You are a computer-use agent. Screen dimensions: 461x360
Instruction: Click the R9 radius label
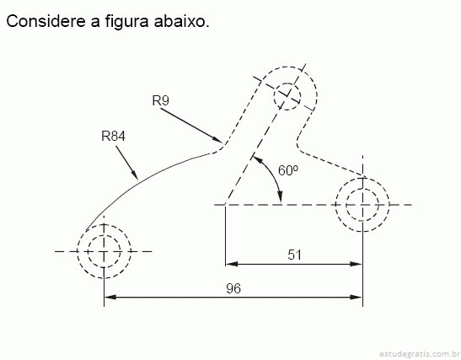160,100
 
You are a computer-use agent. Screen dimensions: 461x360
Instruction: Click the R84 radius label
113,136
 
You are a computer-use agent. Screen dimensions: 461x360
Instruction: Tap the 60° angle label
288,170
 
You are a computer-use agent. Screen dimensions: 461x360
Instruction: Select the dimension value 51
295,255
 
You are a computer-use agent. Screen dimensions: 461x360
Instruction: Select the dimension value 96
233,288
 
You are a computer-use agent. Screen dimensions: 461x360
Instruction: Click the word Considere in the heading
46,21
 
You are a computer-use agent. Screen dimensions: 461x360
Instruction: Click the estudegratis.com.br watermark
420,353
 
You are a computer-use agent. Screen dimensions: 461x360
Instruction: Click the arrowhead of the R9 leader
218,139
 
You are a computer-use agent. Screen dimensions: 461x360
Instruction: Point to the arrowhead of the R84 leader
135,175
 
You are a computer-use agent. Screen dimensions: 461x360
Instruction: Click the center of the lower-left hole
104,251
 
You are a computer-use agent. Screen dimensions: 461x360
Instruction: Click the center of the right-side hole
362,205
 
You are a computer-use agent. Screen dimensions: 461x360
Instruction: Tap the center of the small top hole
287,96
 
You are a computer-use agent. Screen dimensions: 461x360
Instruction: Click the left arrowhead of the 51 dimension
232,264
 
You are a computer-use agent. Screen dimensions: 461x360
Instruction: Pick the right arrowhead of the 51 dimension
356,264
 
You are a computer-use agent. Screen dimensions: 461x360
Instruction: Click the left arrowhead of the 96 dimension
110,297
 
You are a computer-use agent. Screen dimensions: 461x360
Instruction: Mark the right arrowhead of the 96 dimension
356,297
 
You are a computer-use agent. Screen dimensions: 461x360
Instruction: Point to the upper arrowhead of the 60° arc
257,159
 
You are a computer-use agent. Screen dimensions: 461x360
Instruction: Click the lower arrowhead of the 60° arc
280,196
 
